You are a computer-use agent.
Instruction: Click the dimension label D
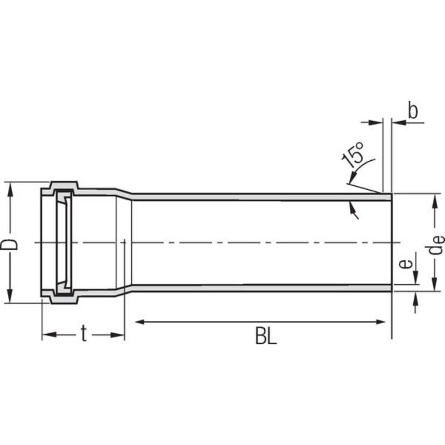pyautogui.click(x=8, y=245)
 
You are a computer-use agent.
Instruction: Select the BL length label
pyautogui.click(x=266, y=336)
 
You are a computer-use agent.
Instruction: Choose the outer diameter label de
pyautogui.click(x=434, y=245)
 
